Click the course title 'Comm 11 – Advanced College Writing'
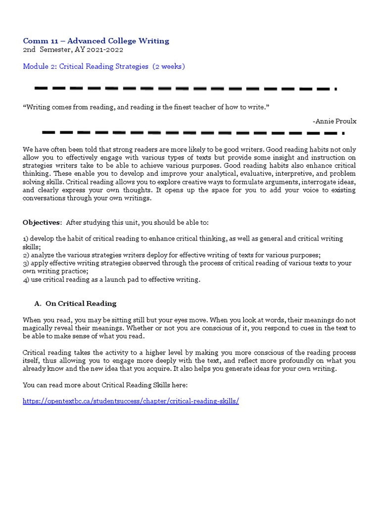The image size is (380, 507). click(x=96, y=41)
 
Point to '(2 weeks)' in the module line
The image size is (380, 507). click(x=169, y=66)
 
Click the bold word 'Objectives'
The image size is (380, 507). click(x=42, y=222)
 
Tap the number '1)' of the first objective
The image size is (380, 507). click(x=26, y=239)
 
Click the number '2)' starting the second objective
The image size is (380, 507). click(x=26, y=255)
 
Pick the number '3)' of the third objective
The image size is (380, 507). click(x=26, y=263)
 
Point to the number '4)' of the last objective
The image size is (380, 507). click(x=26, y=280)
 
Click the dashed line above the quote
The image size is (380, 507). click(x=186, y=89)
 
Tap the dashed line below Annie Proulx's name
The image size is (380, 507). click(x=193, y=133)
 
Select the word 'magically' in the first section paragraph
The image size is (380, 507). click(x=39, y=328)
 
